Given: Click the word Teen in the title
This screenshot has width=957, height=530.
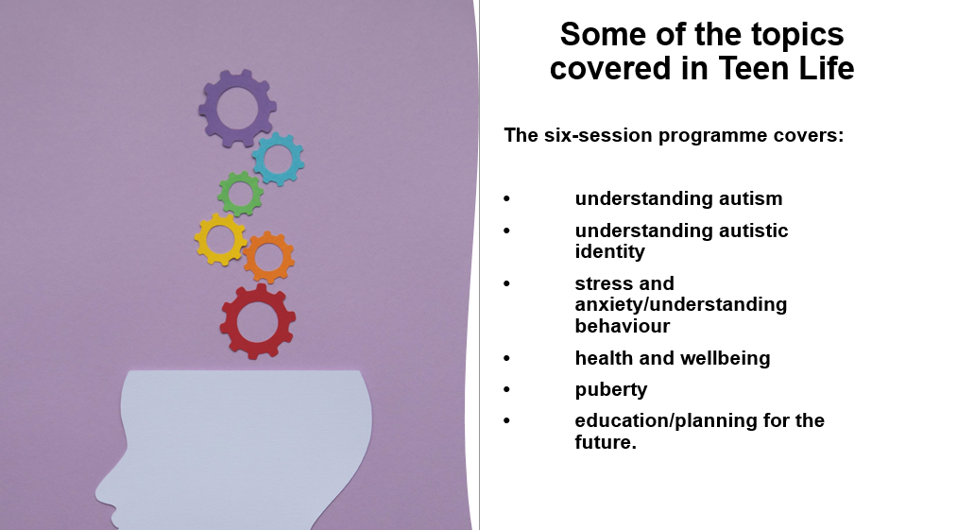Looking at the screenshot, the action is point(753,68).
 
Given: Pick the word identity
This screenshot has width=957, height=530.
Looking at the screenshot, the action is point(609,251).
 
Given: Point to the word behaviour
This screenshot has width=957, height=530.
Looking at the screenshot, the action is point(622,326).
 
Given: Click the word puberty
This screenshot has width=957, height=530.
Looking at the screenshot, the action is point(611,390).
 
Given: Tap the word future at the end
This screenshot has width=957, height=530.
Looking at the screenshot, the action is point(603,442).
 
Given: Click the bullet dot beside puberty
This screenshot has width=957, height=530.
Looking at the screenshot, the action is point(506,389).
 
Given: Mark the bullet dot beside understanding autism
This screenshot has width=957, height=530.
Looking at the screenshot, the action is point(506,197).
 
